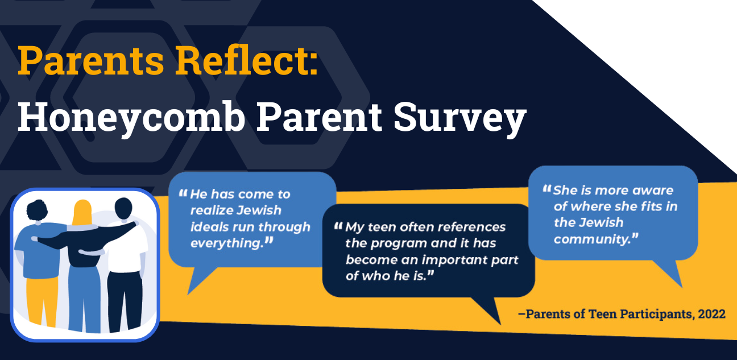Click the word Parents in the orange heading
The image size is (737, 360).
[90, 60]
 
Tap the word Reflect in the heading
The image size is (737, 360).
[242, 60]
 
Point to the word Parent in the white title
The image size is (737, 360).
[319, 116]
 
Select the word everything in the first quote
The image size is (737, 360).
[227, 243]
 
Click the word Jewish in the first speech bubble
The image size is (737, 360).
[259, 210]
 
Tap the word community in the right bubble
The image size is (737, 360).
[591, 239]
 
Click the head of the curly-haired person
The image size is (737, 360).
[37, 210]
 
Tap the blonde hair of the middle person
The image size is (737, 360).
[82, 213]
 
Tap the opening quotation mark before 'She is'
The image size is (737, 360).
[546, 189]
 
